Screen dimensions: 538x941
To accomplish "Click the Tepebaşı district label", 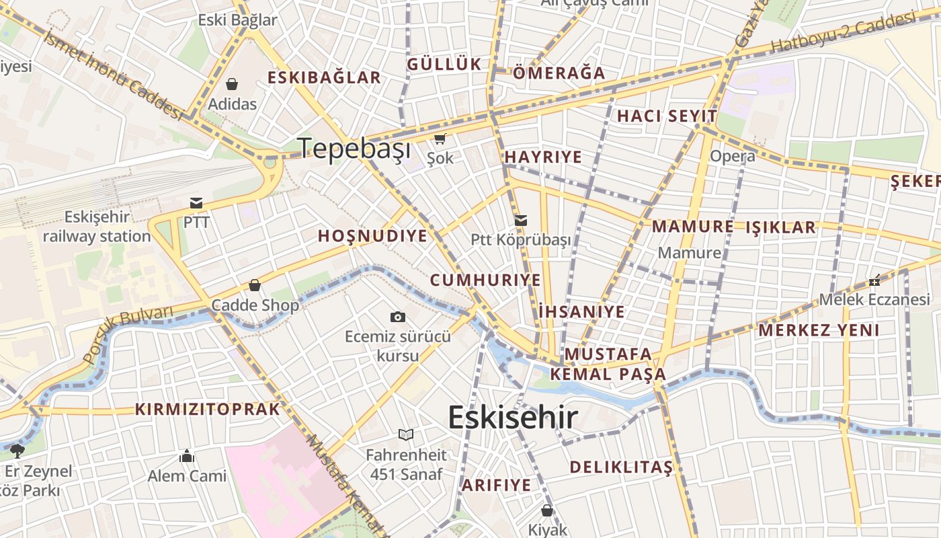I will pyautogui.click(x=354, y=148).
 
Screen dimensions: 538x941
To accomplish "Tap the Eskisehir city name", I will pyautogui.click(x=512, y=418).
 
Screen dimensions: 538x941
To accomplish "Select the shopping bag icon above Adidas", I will pyautogui.click(x=232, y=84).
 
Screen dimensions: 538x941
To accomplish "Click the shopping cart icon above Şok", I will pyautogui.click(x=440, y=139).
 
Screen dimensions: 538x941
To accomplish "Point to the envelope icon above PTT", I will pyautogui.click(x=196, y=202).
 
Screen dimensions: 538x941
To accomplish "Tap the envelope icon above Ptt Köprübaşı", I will pyautogui.click(x=521, y=220).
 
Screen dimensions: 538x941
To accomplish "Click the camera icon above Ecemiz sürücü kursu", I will pyautogui.click(x=398, y=317).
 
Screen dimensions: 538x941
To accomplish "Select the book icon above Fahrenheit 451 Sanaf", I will pyautogui.click(x=406, y=434).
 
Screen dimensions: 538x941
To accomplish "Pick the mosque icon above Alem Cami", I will pyautogui.click(x=187, y=457).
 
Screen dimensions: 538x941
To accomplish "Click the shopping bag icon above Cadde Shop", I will pyautogui.click(x=255, y=286).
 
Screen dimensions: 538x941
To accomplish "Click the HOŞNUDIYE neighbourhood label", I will pyautogui.click(x=372, y=236).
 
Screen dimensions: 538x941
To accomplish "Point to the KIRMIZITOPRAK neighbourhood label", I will pyautogui.click(x=207, y=409).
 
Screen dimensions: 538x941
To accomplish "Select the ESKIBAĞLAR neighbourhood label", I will pyautogui.click(x=324, y=77).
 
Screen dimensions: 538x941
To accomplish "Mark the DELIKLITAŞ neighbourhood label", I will pyautogui.click(x=621, y=467).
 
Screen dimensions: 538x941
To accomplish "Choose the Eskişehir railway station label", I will pyautogui.click(x=97, y=227).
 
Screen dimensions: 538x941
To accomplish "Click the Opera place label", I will pyautogui.click(x=733, y=157).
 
